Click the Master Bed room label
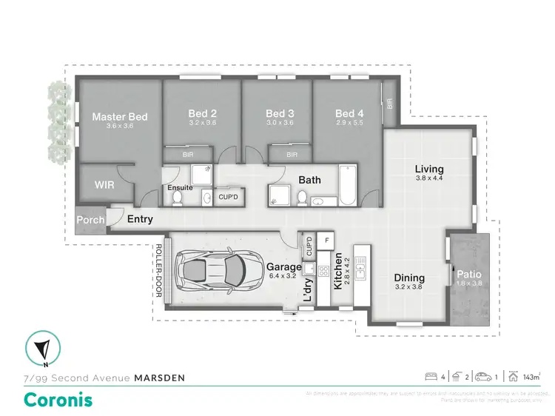119,116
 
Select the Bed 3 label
280,113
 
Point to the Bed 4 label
349,113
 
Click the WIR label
104,185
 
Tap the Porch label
90,219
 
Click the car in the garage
211,272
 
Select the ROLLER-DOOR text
158,272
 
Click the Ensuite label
181,188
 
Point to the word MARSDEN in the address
159,378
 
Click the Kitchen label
339,271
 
